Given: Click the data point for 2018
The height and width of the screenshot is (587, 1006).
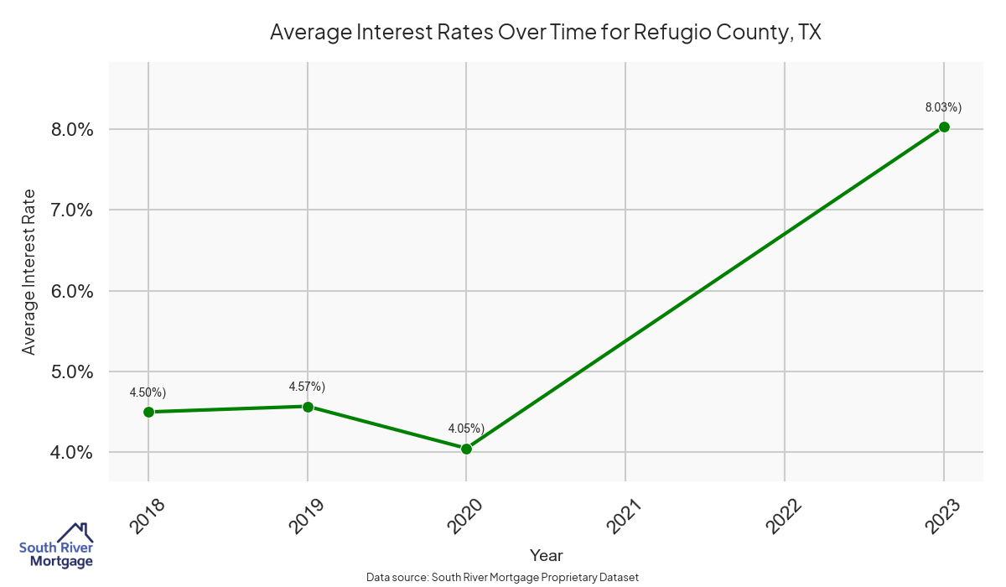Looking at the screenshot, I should coord(148,412).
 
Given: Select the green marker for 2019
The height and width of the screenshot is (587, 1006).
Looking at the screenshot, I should coord(308,407).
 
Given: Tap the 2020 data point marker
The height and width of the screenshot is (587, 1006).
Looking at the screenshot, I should coord(466,449).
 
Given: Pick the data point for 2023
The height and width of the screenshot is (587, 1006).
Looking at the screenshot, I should coord(944,127).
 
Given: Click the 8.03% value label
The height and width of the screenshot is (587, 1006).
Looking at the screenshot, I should coord(943,107).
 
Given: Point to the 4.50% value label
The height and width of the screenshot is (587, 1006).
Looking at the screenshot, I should coord(148,392).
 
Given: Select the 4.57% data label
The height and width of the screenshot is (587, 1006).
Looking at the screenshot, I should coord(307,387).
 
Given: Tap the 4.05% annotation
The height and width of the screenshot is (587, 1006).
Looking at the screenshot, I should coord(466,429).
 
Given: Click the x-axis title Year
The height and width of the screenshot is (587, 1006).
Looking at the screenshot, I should coord(546,555).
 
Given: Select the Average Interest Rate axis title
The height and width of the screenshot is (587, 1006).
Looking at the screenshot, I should coord(29,272).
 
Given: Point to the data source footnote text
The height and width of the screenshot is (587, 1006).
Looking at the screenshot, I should coord(502,577).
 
